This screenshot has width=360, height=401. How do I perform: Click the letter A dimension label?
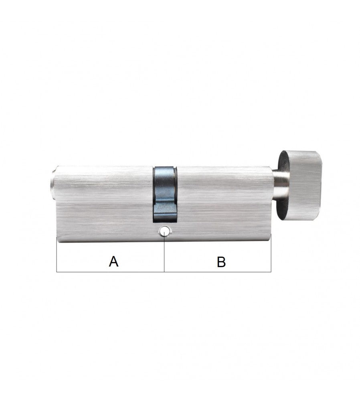pyautogui.click(x=113, y=261)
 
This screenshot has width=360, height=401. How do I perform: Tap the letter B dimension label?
pyautogui.click(x=221, y=261)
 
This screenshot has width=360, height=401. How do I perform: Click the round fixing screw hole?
pyautogui.click(x=164, y=231)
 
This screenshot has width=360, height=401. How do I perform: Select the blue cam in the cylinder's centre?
pyautogui.click(x=165, y=194)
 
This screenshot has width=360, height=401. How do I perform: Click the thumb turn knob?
pyautogui.click(x=299, y=185)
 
